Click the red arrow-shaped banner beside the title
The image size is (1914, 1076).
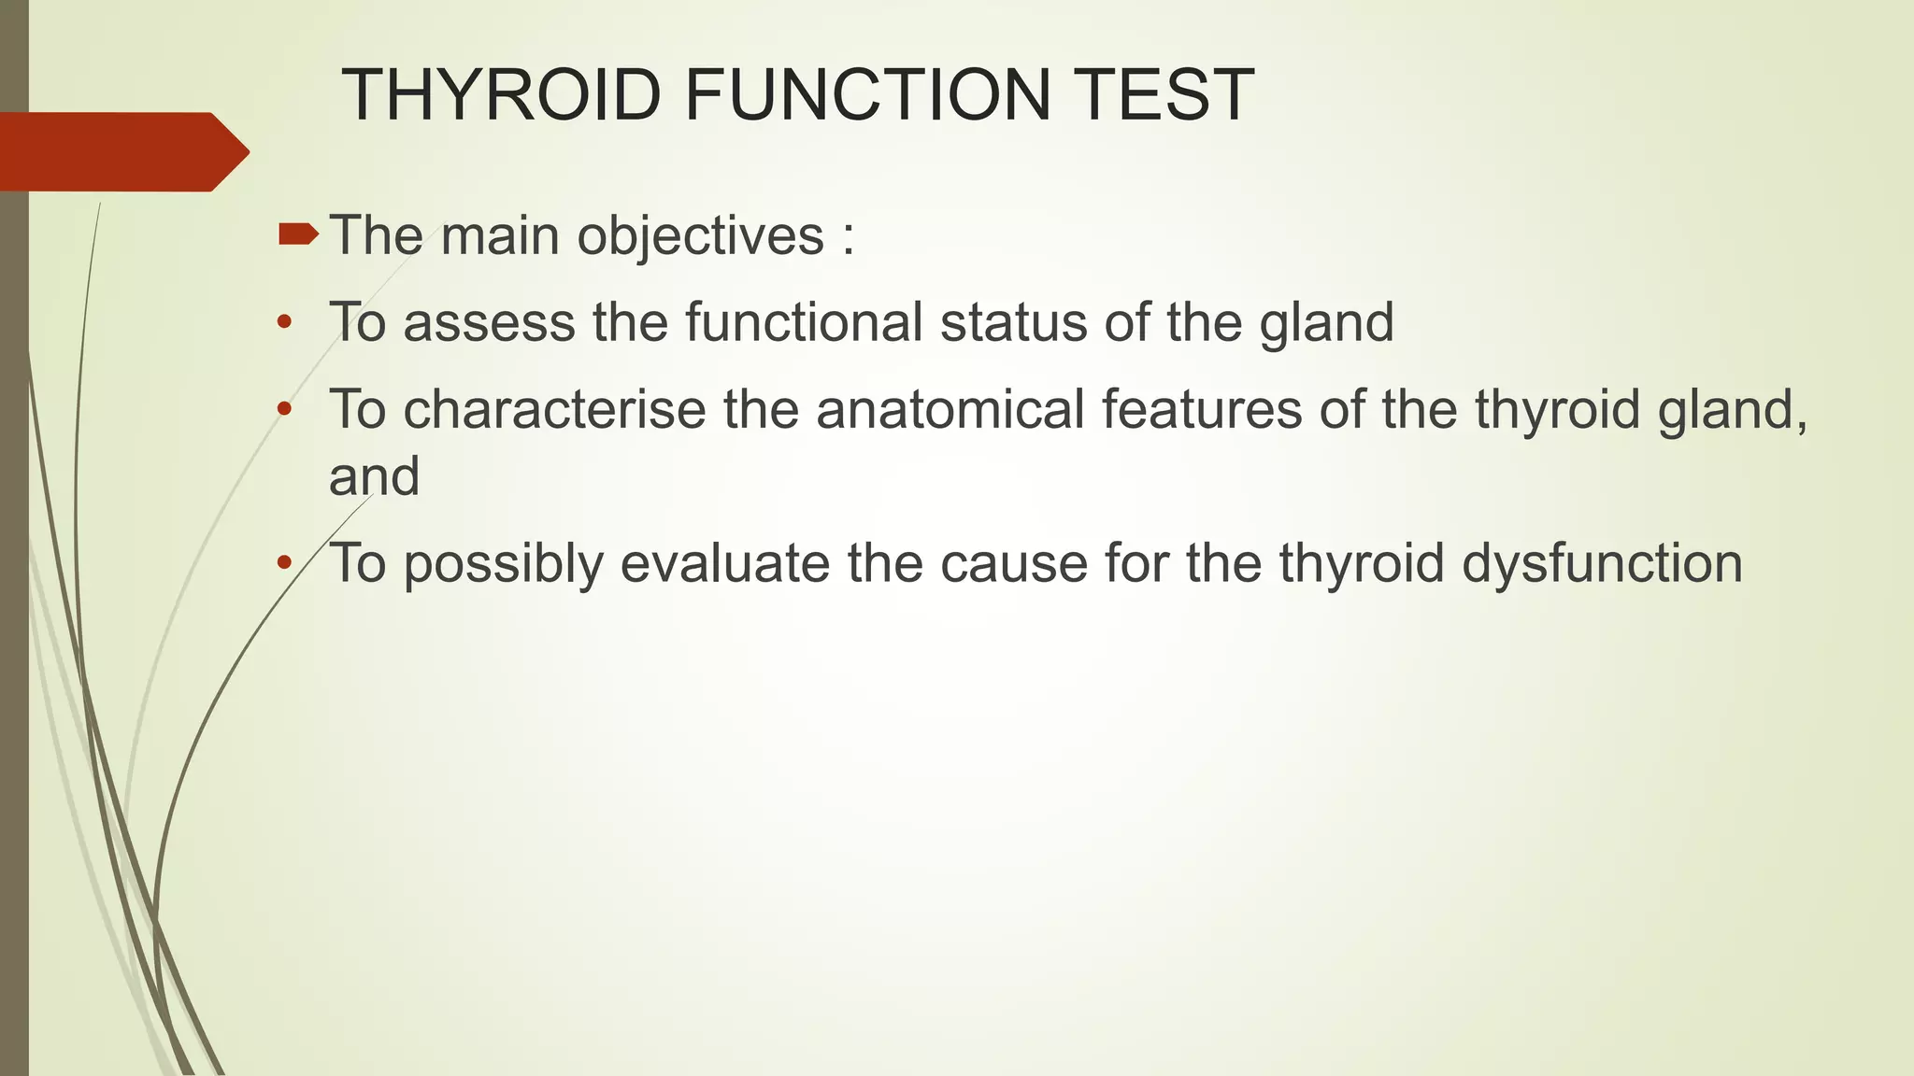click(121, 151)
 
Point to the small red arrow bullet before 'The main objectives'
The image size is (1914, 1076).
click(298, 234)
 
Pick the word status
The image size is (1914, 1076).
click(1013, 322)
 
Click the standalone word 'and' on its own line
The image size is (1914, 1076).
click(374, 476)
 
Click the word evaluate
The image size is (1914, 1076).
click(725, 564)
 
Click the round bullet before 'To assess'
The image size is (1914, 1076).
click(284, 323)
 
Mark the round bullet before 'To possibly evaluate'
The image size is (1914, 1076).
click(284, 563)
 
